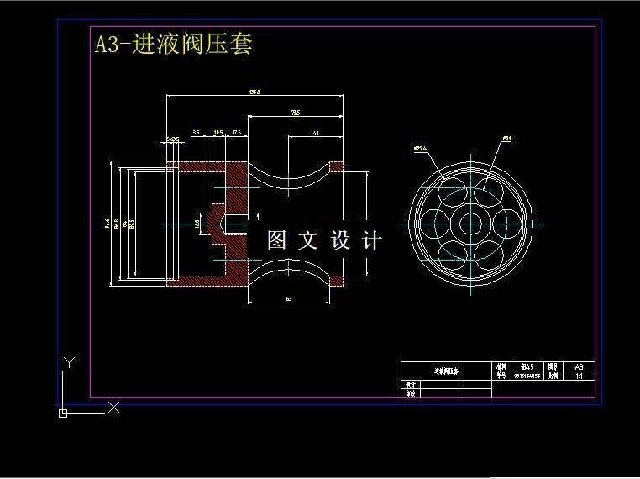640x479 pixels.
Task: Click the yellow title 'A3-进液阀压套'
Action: point(173,44)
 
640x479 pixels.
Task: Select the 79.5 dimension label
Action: point(296,112)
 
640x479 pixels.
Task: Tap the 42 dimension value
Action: point(315,133)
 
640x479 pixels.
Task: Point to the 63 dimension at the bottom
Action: point(288,298)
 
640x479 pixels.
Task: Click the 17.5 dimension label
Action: point(236,133)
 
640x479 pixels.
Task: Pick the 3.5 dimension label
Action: point(196,133)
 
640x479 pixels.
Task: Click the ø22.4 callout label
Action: point(421,148)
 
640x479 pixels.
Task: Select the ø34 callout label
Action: point(506,138)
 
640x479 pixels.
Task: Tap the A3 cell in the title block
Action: point(579,366)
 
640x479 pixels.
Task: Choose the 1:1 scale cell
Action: point(579,377)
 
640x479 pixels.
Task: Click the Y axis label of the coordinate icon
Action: point(70,362)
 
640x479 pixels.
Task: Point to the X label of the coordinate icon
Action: point(114,408)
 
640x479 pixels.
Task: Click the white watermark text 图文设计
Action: point(324,240)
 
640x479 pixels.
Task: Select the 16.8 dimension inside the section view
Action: point(197,224)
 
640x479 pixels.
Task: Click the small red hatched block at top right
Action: point(337,166)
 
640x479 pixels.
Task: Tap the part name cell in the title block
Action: point(445,371)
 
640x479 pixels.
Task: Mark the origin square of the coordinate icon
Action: point(63,413)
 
